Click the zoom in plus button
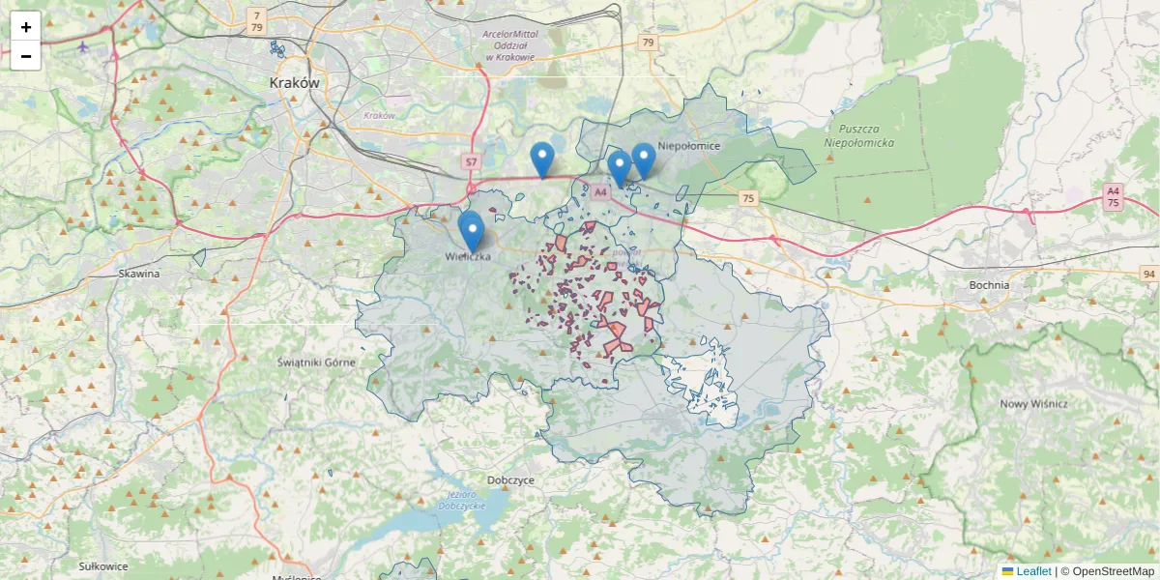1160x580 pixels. (25, 27)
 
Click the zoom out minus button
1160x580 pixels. (25, 56)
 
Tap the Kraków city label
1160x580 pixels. (294, 83)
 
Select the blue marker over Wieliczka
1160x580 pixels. (472, 232)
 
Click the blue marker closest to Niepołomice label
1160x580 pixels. (643, 159)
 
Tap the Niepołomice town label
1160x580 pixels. (688, 146)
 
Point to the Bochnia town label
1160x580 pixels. (989, 285)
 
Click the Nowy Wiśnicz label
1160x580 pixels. (1033, 404)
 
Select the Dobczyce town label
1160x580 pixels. (511, 479)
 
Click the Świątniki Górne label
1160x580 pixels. (316, 362)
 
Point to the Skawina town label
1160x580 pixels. (138, 274)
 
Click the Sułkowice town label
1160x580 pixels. (103, 565)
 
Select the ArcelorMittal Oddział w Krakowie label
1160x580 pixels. (509, 45)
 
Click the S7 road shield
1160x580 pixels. (471, 161)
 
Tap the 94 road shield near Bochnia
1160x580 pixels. (1147, 274)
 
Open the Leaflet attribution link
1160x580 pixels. (1033, 571)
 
